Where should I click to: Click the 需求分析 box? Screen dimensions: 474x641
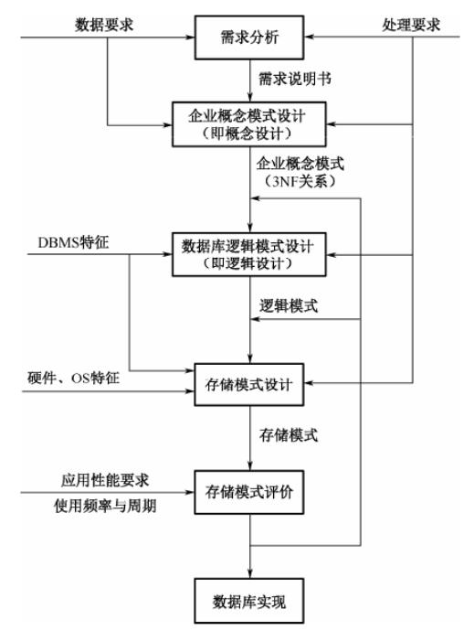click(x=249, y=37)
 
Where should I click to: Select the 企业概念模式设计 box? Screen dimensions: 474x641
click(x=249, y=124)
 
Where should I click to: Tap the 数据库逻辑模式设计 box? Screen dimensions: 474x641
click(x=249, y=255)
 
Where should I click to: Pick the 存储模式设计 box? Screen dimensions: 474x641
click(x=249, y=384)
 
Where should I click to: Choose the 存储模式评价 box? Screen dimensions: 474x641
click(x=249, y=492)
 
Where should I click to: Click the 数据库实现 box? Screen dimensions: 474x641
click(x=249, y=601)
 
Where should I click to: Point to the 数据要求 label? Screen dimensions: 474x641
click(x=104, y=25)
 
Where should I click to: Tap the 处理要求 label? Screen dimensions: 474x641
click(x=411, y=25)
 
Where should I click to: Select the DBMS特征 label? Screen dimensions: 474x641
click(x=73, y=242)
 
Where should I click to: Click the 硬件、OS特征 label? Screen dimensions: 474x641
click(x=73, y=378)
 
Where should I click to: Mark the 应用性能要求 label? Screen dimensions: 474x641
click(x=105, y=480)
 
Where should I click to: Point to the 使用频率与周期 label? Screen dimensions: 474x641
click(x=105, y=506)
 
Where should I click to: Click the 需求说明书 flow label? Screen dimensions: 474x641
click(x=295, y=79)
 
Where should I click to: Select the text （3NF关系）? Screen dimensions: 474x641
click(x=300, y=181)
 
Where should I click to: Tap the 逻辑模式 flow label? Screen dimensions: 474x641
click(x=289, y=305)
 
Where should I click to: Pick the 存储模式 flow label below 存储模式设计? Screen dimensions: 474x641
click(x=289, y=435)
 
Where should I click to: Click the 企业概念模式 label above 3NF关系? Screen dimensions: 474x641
click(x=300, y=164)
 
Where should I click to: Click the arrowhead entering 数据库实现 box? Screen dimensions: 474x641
click(x=250, y=573)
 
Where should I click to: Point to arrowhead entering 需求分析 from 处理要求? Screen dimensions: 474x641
click(x=310, y=37)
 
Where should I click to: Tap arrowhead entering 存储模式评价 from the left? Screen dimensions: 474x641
click(x=189, y=492)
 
